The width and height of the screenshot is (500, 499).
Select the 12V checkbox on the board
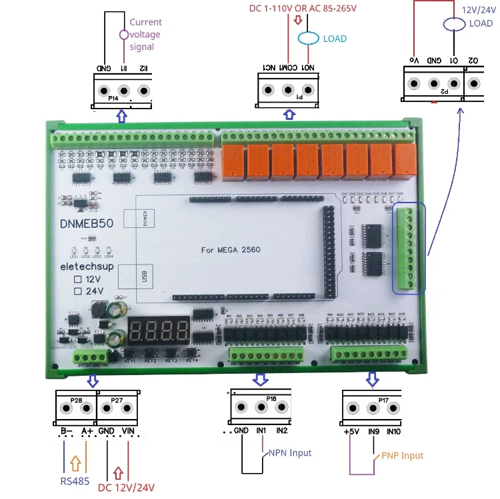78,278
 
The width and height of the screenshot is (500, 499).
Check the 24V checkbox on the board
78,291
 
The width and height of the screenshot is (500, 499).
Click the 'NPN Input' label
289,453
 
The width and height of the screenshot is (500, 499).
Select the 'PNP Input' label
402,456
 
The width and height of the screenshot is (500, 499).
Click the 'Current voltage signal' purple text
145,35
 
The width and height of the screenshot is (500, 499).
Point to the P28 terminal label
76,400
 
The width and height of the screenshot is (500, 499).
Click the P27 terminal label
117,400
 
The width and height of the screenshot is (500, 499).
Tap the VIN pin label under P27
128,431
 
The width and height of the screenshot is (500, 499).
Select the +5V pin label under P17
352,431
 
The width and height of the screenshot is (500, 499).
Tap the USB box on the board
145,275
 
